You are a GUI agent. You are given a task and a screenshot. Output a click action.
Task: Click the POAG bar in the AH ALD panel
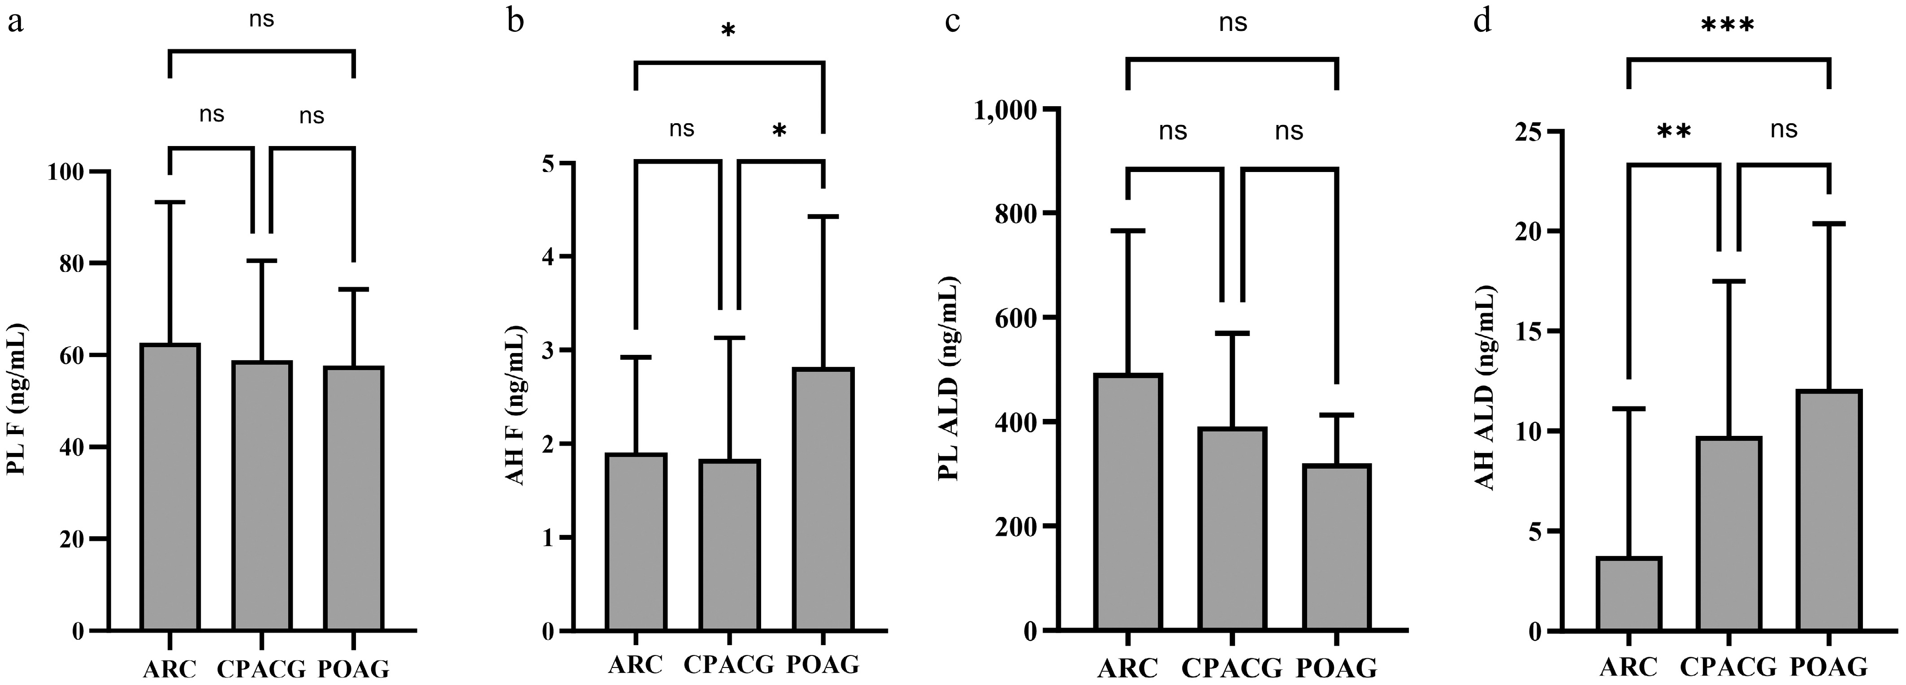[1828, 510]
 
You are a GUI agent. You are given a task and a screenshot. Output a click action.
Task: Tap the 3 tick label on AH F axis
[547, 351]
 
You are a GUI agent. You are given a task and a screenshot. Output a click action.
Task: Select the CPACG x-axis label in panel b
[729, 664]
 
